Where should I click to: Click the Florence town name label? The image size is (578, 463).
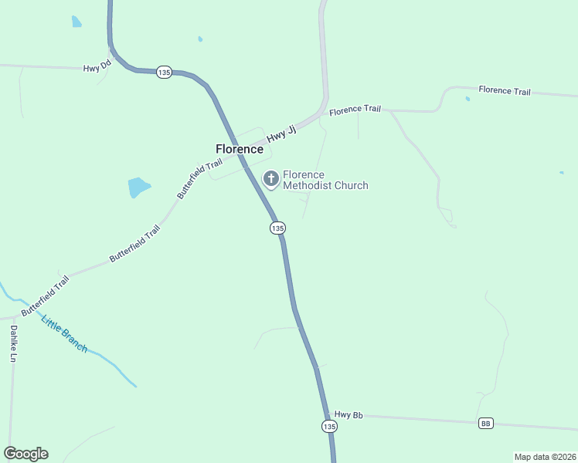pos(240,149)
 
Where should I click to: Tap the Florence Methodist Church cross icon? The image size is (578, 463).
pos(270,179)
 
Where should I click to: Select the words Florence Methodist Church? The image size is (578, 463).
pos(325,180)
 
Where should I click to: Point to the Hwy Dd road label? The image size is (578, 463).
pos(97,67)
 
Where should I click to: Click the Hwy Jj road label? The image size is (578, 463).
pos(282,133)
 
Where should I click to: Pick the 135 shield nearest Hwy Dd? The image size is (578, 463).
pos(163,72)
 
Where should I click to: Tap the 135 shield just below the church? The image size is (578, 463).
pos(278,228)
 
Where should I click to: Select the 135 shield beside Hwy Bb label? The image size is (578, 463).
pos(329,426)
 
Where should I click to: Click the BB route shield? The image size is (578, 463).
pos(486,423)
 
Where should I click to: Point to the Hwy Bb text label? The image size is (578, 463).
pos(348,415)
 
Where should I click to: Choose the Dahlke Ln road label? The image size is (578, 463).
pos(13,343)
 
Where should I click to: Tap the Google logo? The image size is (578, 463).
pos(25,454)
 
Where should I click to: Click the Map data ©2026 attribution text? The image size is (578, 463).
pos(545,457)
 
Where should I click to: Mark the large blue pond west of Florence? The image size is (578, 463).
pos(138,187)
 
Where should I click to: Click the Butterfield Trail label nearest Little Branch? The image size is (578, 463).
pos(45,295)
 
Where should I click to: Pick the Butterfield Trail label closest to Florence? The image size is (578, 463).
pos(199,178)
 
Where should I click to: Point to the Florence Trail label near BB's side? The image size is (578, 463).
pos(504,91)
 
